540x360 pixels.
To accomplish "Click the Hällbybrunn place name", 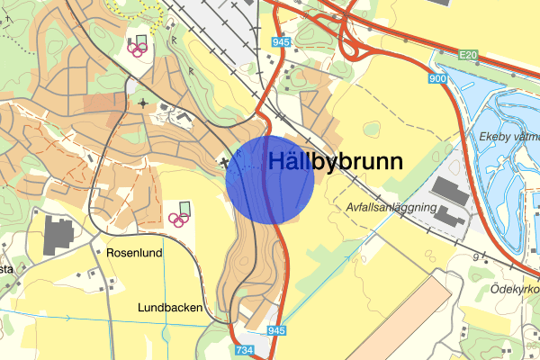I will click(x=336, y=161).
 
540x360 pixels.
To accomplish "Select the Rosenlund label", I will click(x=134, y=253).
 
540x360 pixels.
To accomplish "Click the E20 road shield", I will click(x=467, y=56).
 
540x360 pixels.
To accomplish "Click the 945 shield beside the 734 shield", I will click(x=275, y=332).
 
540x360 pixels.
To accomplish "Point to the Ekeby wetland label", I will click(x=504, y=138).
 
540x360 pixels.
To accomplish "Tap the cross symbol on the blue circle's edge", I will click(x=226, y=163).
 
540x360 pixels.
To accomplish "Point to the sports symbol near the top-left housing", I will click(x=139, y=47).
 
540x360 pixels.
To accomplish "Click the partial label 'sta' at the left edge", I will click(x=5, y=268).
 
